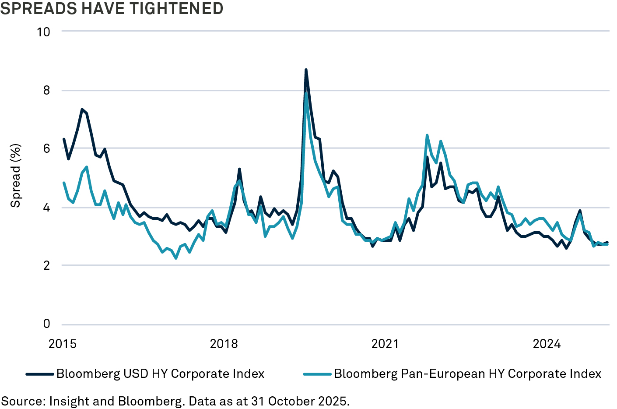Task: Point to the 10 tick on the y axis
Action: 43,32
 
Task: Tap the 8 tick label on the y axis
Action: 46,90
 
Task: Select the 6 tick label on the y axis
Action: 46,148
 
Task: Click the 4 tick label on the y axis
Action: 46,207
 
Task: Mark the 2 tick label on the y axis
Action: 46,265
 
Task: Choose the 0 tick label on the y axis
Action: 46,324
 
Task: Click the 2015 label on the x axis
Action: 63,344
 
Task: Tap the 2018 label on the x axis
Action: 224,344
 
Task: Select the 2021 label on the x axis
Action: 385,344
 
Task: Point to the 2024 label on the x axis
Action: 547,344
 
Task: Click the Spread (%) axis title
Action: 16,175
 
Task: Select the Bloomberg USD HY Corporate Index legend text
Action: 160,374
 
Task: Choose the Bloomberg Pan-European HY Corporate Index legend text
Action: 467,374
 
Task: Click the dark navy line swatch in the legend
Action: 40,374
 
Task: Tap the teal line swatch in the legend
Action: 317,374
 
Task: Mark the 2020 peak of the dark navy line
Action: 306,70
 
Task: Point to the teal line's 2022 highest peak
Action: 427,135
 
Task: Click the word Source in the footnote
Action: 21,401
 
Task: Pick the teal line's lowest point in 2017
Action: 176,258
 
